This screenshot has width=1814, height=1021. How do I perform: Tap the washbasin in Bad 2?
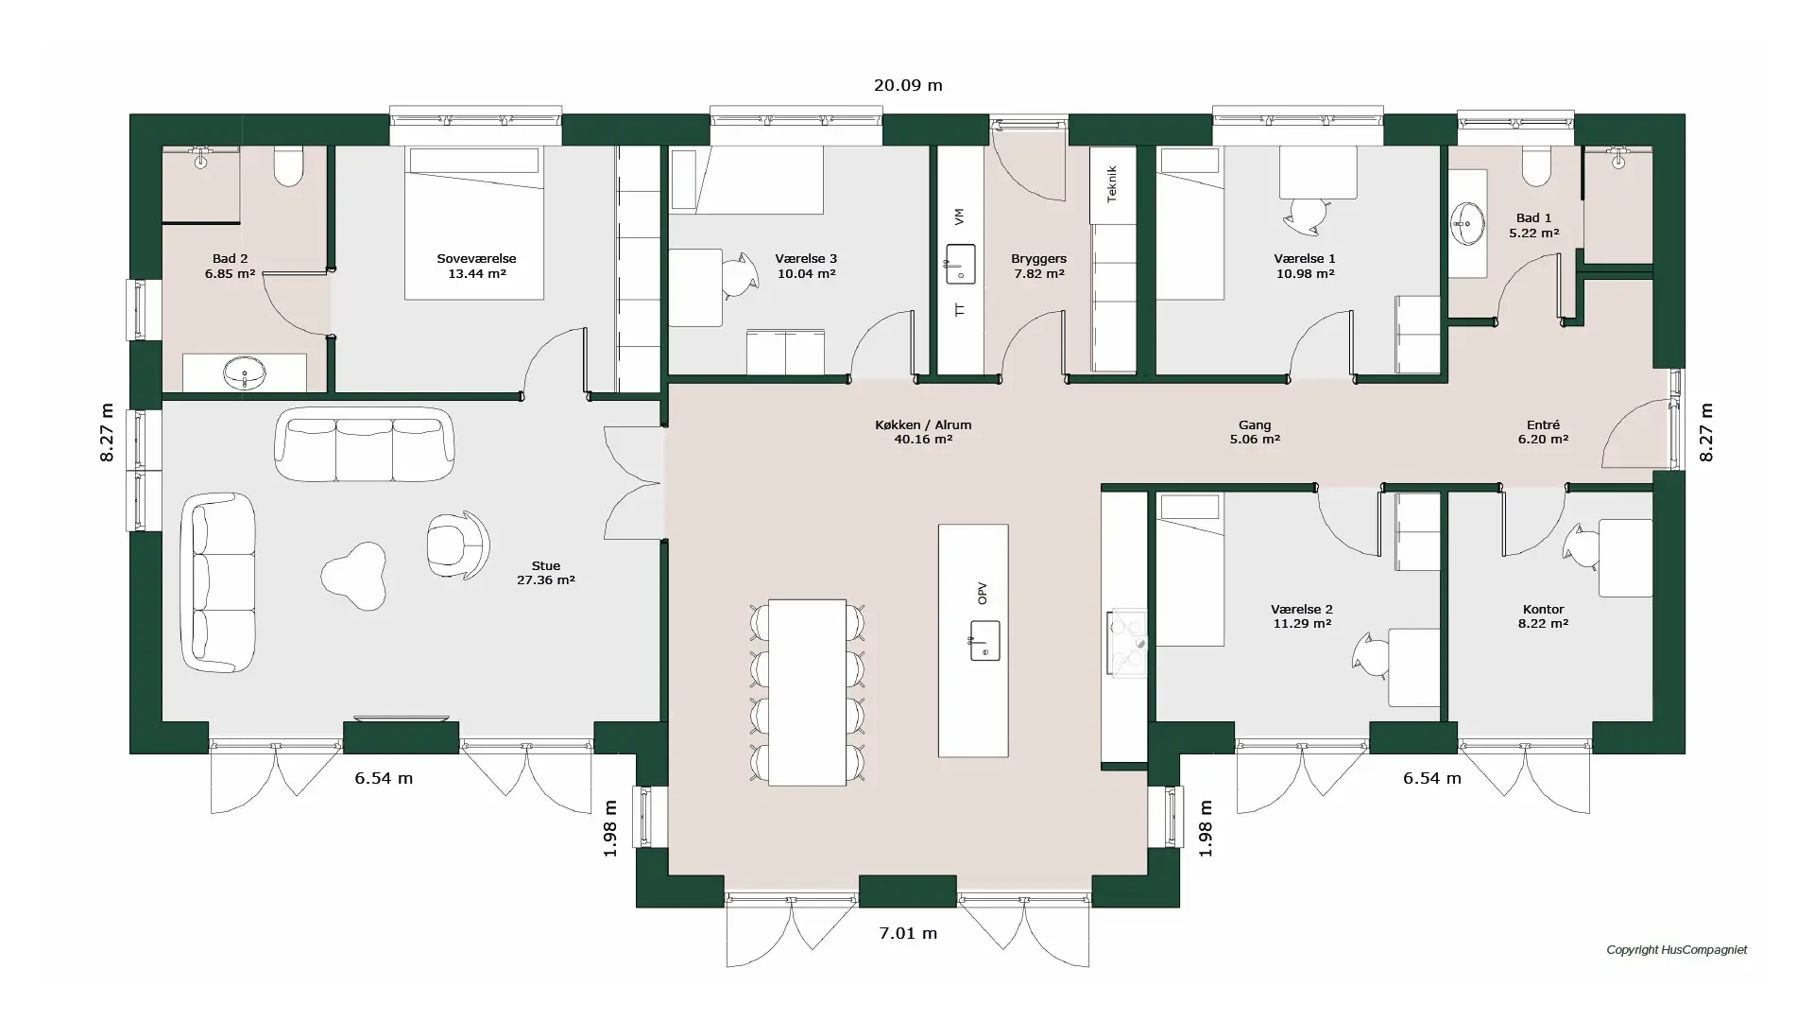click(245, 372)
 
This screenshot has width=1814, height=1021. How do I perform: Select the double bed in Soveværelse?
click(474, 222)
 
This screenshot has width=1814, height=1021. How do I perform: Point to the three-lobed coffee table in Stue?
click(355, 575)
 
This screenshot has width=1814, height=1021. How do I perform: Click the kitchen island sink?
click(984, 640)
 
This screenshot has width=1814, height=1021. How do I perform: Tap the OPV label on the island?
click(983, 593)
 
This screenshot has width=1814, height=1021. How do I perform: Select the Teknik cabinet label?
click(1112, 183)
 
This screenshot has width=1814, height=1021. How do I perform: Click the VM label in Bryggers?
click(960, 216)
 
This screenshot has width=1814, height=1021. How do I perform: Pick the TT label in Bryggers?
click(960, 309)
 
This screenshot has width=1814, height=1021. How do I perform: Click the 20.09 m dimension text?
click(908, 85)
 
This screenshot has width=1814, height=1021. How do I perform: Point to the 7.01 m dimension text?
click(908, 933)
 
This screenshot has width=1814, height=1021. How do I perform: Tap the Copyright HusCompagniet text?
click(1677, 949)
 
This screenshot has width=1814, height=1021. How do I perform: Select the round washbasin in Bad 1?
click(1467, 223)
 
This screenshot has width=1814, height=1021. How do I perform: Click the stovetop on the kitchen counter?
click(1126, 644)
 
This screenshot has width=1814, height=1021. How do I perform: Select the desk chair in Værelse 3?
click(740, 276)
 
